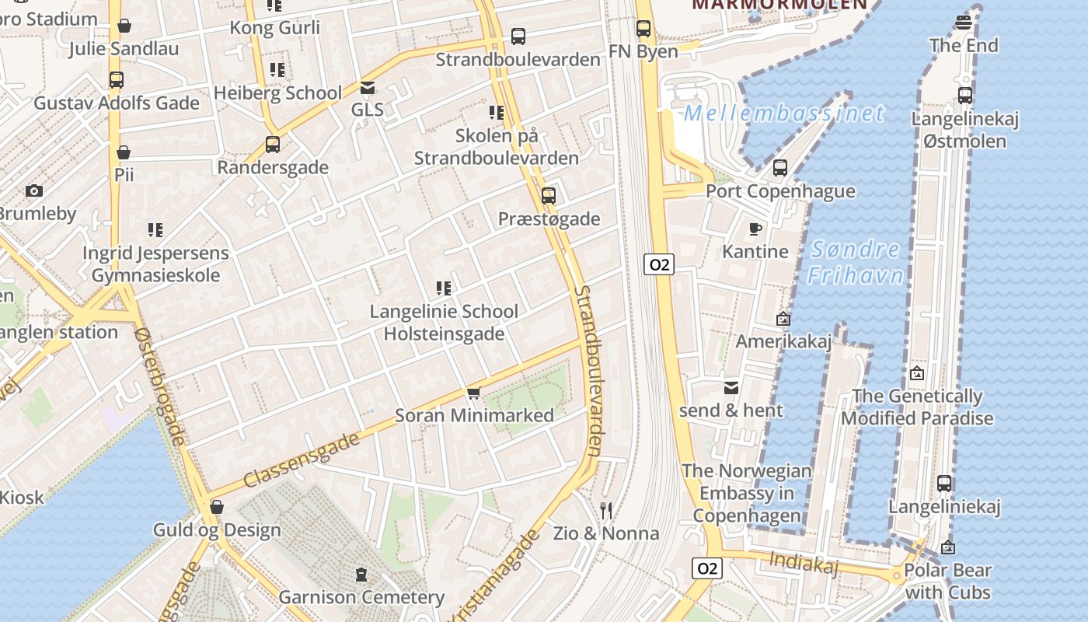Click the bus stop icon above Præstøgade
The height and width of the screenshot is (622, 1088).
pos(549,196)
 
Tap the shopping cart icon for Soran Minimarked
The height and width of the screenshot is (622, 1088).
pos(474,393)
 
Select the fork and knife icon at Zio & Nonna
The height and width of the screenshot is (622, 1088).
pos(606,511)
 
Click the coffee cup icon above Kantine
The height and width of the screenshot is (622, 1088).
pos(755,229)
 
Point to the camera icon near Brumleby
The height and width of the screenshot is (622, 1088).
pos(33,190)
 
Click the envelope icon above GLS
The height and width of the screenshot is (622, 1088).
pos(368,87)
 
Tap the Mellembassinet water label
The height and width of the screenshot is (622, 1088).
pos(783,114)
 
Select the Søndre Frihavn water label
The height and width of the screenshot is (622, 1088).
pos(855,262)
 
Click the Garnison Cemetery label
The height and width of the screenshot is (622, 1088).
pos(361,597)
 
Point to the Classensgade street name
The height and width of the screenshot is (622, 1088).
pos(302,460)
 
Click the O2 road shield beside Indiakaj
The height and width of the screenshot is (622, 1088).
pos(706,568)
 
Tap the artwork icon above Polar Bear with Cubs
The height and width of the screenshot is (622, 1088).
pos(947,547)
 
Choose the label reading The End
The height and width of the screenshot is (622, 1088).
pos(964,45)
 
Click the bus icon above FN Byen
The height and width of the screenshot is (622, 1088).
pos(643,29)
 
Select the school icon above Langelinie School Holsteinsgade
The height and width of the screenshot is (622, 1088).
pos(444,288)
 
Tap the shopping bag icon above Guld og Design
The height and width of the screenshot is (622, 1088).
pos(217,508)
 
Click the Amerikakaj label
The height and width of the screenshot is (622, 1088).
pos(783,341)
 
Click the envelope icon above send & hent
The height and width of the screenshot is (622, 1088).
pos(731,387)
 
